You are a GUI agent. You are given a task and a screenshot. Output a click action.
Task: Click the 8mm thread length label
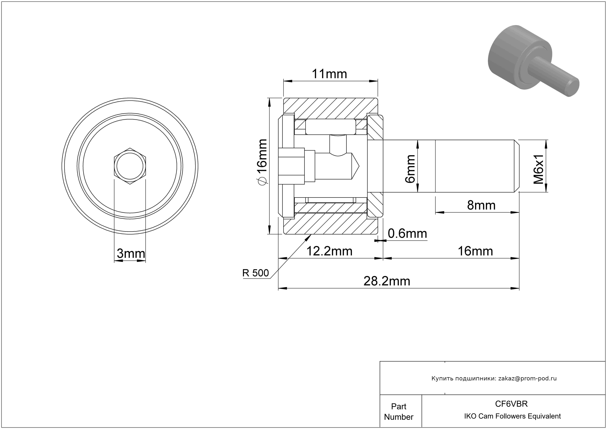pos(481,205)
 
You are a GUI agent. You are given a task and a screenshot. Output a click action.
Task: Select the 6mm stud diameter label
pos(410,169)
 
